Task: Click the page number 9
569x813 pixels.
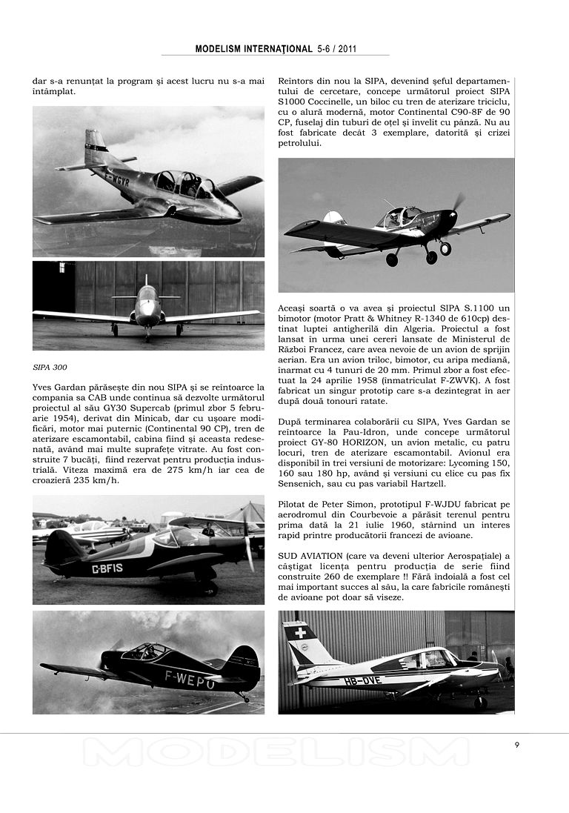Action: [x=517, y=745]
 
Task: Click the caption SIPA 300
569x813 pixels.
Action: [x=50, y=367]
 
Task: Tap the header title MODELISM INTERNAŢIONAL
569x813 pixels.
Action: [x=253, y=49]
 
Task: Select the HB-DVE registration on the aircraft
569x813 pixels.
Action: [x=361, y=680]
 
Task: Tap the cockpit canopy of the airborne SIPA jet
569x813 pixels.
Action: [x=182, y=182]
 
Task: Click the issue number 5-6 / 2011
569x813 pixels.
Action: [x=337, y=49]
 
